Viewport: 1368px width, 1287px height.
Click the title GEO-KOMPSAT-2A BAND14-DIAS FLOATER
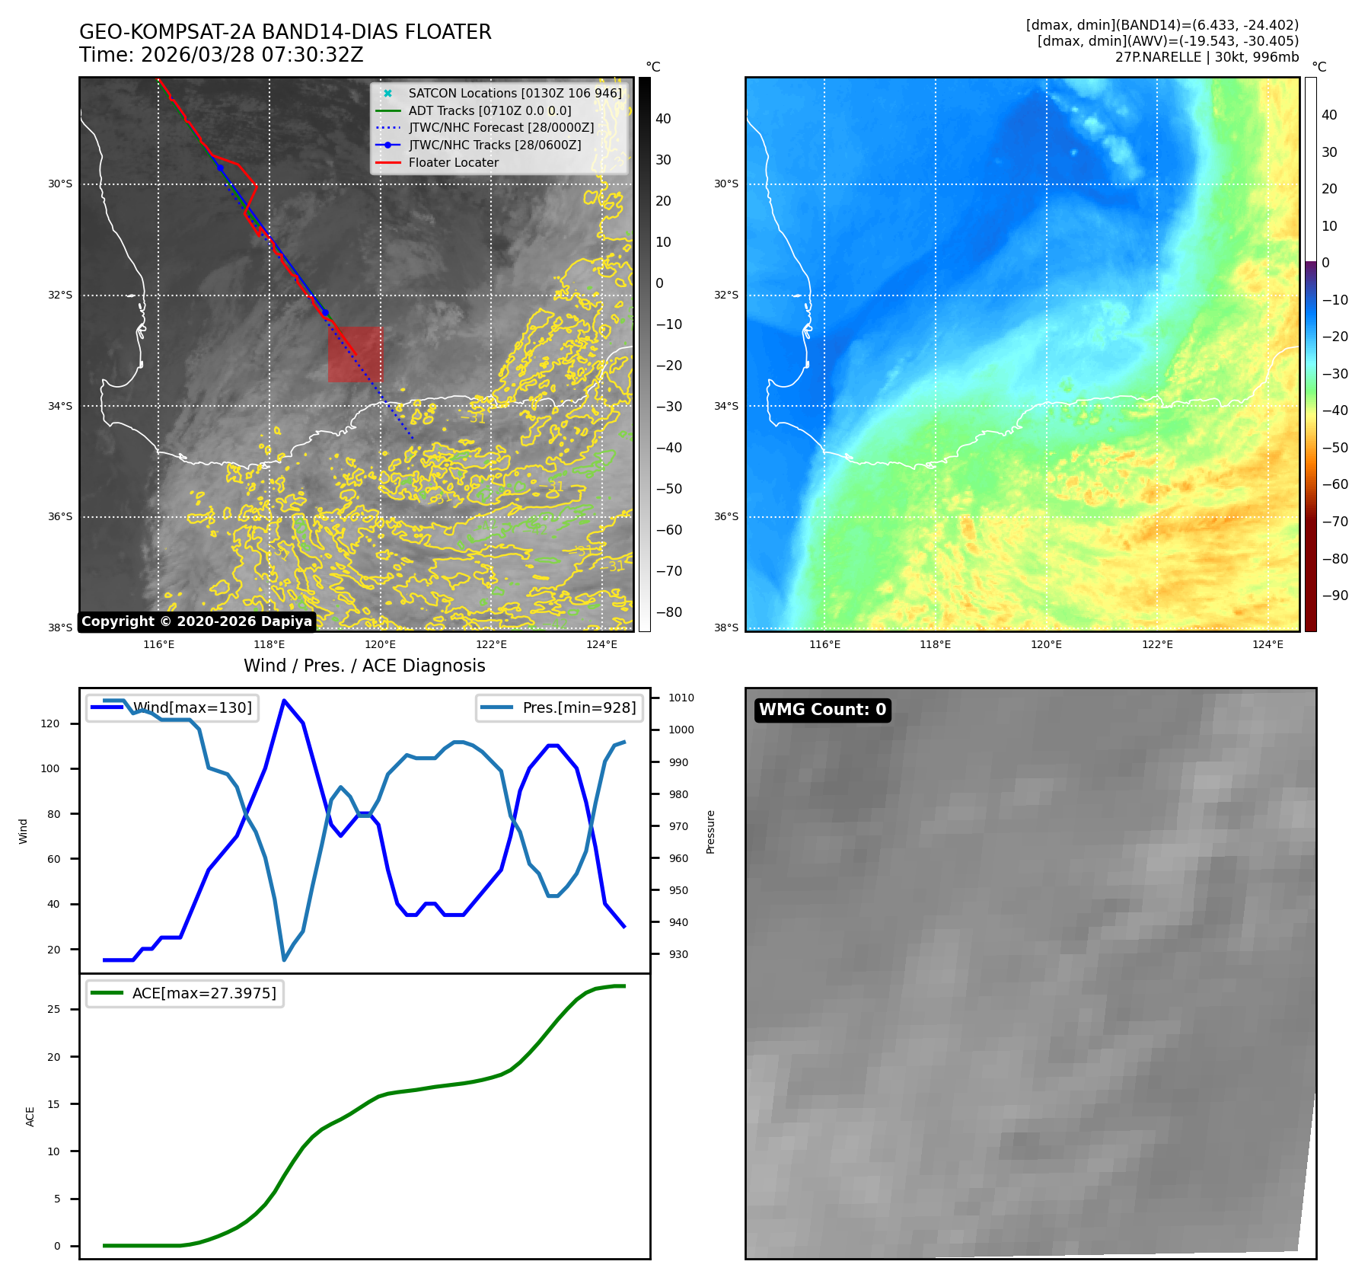(285, 32)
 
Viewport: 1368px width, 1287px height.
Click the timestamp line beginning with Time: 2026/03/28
(222, 55)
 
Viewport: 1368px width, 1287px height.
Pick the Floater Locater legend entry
(453, 162)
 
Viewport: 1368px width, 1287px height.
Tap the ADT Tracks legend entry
(489, 110)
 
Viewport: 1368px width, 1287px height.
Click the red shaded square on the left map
(355, 354)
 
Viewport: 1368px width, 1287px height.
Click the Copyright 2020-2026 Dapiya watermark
(196, 621)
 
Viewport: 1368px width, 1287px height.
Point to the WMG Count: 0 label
(822, 710)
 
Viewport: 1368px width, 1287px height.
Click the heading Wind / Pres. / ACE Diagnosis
(364, 666)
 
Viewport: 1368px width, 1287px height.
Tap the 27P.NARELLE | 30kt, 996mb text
(1207, 57)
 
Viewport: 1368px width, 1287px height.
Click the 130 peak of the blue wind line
(284, 700)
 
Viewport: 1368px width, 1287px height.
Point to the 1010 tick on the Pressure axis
(681, 698)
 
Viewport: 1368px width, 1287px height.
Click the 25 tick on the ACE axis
(53, 1009)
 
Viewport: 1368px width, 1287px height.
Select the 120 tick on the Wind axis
(50, 723)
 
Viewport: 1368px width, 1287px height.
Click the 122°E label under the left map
(491, 644)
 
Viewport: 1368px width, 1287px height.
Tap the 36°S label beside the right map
(725, 516)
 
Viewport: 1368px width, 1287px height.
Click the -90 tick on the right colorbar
(1335, 596)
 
